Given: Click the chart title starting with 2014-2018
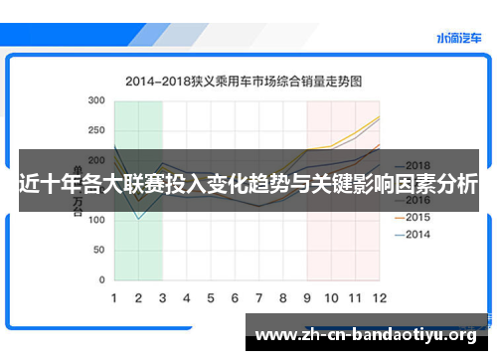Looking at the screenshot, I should pos(243,79).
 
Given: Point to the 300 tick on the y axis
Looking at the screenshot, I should pos(95,101).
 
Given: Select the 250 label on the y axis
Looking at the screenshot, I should pos(95,131).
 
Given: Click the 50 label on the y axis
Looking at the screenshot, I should pos(97,249).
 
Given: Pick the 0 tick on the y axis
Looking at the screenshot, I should pos(101,278).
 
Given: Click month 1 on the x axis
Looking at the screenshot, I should pos(114,297).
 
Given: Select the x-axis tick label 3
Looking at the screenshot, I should pos(163,297).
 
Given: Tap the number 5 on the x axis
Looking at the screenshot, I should pos(211,297).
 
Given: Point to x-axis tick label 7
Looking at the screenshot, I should pos(258,297).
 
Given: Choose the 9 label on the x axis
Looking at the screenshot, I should pos(307,297).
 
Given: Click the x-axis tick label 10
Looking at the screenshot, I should pos(331,297).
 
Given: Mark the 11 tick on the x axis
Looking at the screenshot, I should pos(355,297).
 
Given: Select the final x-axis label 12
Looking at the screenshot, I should pos(379,297).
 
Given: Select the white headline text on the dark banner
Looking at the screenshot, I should pos(248,185).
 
